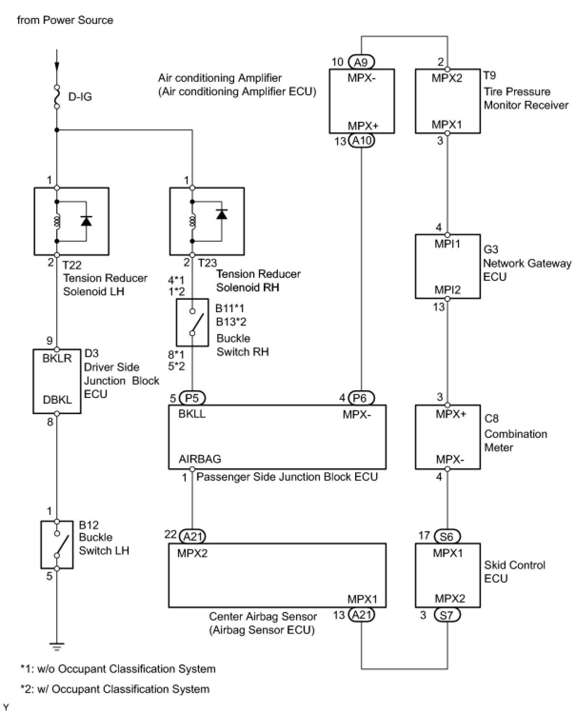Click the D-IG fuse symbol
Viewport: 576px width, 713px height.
57,97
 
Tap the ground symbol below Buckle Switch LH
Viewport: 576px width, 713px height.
57,646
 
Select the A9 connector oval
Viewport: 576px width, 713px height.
362,62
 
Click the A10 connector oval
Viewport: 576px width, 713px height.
362,141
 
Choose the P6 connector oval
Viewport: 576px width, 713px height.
362,398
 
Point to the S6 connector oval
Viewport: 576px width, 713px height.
447,536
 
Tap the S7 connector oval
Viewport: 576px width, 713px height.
447,615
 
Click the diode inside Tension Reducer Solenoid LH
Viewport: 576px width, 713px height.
86,220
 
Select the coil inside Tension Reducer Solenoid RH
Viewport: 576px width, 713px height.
192,221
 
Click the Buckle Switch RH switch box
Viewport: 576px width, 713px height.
192,322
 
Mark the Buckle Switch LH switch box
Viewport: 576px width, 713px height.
57,545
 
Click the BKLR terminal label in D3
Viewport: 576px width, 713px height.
57,358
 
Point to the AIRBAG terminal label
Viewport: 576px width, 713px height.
200,459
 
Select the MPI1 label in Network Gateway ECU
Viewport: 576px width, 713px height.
447,243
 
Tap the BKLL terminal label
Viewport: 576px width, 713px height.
192,414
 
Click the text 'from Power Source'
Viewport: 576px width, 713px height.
65,20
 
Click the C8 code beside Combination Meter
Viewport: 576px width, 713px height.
491,418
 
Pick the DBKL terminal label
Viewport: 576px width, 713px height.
57,400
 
